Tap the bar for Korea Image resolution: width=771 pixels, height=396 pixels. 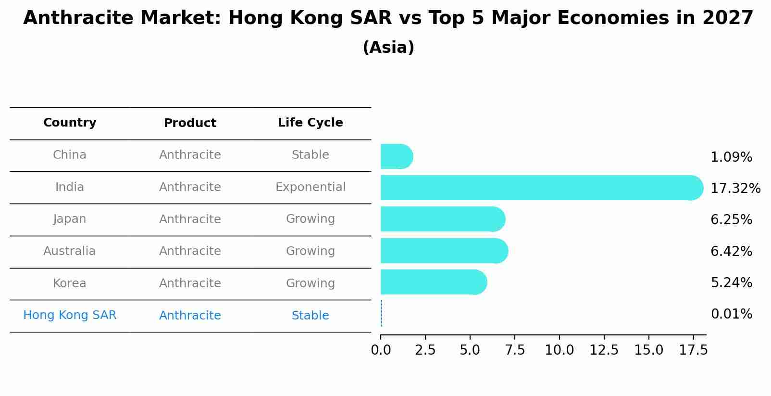[x=433, y=282]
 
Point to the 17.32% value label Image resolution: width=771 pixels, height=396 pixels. [x=735, y=188]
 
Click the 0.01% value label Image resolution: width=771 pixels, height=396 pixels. [x=731, y=314]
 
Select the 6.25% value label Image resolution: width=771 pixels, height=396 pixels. [x=731, y=219]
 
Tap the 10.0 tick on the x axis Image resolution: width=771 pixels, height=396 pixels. [x=559, y=350]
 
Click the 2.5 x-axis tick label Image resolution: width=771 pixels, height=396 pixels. [x=425, y=350]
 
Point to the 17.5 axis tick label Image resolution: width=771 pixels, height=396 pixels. [x=693, y=350]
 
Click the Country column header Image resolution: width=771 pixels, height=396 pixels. [x=70, y=123]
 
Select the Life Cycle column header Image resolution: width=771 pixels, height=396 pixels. [x=310, y=123]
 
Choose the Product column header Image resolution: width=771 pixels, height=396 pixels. [x=190, y=123]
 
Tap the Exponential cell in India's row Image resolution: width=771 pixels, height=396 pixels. [x=310, y=187]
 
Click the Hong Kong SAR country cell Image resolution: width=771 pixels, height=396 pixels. [x=70, y=315]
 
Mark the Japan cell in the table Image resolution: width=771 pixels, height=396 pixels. [x=70, y=219]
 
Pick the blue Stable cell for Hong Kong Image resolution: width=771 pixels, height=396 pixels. [x=310, y=316]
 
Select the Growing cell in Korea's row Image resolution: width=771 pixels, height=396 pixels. [x=310, y=283]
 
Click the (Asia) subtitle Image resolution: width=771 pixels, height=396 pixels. [x=388, y=48]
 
